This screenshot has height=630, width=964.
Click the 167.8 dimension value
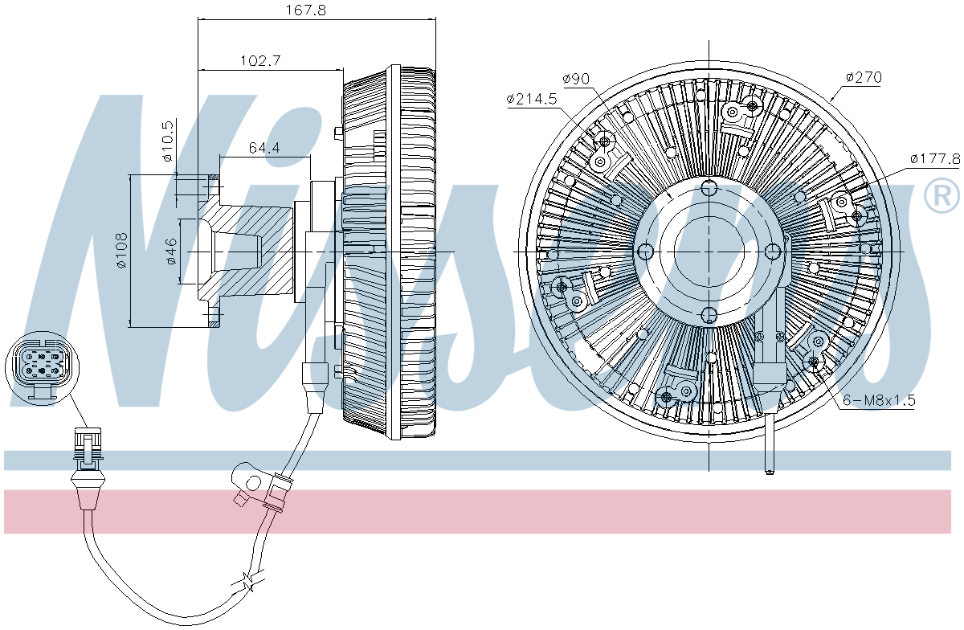point(306,10)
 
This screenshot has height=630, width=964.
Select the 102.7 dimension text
point(260,60)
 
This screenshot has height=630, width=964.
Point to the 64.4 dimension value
point(264,148)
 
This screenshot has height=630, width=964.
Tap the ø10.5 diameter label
point(168,141)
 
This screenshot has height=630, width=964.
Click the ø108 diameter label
point(122,250)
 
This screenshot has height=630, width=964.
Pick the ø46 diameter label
point(171,251)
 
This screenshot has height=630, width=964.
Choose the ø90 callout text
point(576,79)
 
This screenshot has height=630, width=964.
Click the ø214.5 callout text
point(532,99)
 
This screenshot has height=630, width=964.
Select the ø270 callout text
point(864,77)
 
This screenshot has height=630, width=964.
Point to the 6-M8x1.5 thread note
point(879,400)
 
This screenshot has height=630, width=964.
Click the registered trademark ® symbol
point(942,195)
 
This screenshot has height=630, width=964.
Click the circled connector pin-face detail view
point(42,369)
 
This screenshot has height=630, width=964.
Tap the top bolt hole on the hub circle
point(709,188)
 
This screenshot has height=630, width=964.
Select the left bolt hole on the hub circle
point(645,252)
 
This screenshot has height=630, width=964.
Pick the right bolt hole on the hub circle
point(773,252)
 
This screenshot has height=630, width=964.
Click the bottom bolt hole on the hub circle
point(709,315)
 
